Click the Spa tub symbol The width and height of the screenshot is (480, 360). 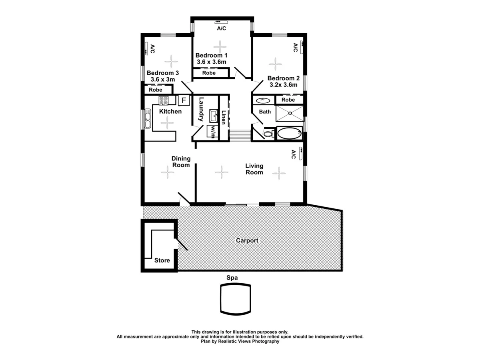point(236,299)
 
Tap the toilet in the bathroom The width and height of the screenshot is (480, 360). point(268,134)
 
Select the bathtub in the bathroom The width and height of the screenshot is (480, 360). point(290,133)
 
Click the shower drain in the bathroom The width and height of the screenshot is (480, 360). point(290,113)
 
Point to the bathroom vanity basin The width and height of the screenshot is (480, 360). point(264,100)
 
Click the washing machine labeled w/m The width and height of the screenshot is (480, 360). point(212,131)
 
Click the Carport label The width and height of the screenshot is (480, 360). point(247,241)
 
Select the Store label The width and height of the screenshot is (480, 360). point(162,260)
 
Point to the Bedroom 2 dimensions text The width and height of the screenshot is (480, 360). point(283,85)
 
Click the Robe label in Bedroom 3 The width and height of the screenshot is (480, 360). point(156,90)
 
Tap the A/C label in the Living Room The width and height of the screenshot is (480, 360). point(293,154)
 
